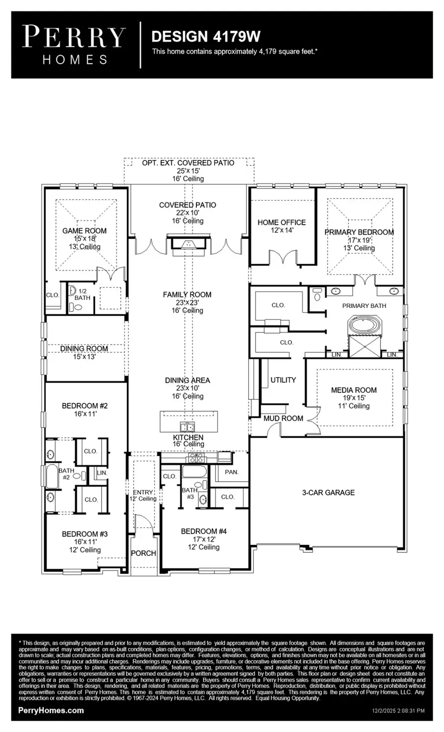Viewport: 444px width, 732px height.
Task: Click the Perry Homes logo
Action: pyautogui.click(x=74, y=45)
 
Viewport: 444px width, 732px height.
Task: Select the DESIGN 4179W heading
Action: pyautogui.click(x=206, y=37)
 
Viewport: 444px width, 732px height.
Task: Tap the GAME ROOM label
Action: pyautogui.click(x=84, y=231)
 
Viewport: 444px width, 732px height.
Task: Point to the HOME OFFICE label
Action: pyautogui.click(x=282, y=222)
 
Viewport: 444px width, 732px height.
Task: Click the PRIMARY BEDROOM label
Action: pyautogui.click(x=359, y=232)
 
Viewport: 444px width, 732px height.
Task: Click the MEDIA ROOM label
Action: pyautogui.click(x=354, y=390)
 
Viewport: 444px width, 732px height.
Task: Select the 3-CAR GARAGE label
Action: pyautogui.click(x=328, y=492)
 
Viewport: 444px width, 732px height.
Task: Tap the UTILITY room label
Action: pyautogui.click(x=283, y=380)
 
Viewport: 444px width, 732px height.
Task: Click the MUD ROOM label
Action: pyautogui.click(x=283, y=418)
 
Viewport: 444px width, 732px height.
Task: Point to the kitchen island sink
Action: pyautogui.click(x=187, y=426)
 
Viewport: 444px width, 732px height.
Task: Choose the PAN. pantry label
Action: pyautogui.click(x=231, y=472)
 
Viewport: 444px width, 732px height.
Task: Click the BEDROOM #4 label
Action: pyautogui.click(x=204, y=531)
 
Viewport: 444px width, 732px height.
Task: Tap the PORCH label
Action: pyautogui.click(x=144, y=553)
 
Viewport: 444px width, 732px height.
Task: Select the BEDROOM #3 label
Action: pyautogui.click(x=85, y=534)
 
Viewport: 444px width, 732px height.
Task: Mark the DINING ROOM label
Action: pyautogui.click(x=84, y=348)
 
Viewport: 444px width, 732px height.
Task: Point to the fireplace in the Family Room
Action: pyautogui.click(x=188, y=244)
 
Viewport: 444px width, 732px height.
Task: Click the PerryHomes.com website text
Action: pyautogui.click(x=51, y=710)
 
